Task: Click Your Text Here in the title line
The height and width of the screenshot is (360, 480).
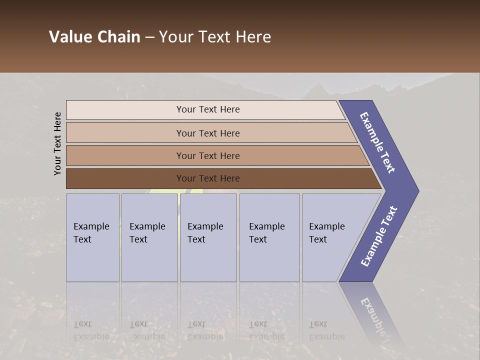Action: (215, 37)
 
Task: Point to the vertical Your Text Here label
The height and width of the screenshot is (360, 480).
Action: (57, 143)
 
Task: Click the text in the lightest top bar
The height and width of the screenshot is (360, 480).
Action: (208, 109)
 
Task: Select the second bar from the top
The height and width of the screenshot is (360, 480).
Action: (208, 133)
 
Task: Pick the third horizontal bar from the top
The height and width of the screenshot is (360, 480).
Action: (208, 155)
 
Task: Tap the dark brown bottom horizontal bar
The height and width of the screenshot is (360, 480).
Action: (208, 178)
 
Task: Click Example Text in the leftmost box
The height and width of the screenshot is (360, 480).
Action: (91, 233)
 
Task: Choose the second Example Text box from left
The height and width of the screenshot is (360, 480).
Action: (147, 233)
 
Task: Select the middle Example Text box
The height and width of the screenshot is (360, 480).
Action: (205, 233)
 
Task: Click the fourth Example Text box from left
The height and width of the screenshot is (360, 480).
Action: (266, 233)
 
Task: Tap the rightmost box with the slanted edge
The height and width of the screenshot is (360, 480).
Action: (326, 233)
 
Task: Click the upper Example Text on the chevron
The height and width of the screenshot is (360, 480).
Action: (377, 142)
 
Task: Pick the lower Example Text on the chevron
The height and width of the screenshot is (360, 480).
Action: (378, 236)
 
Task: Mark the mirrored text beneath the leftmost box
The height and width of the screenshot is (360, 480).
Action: (91, 330)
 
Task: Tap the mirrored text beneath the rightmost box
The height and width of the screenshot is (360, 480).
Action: (326, 330)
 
